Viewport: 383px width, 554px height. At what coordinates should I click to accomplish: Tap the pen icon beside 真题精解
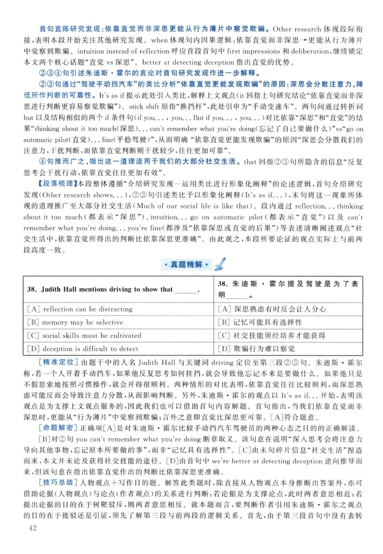point(222,263)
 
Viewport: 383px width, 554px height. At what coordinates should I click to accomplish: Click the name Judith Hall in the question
point(58,289)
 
